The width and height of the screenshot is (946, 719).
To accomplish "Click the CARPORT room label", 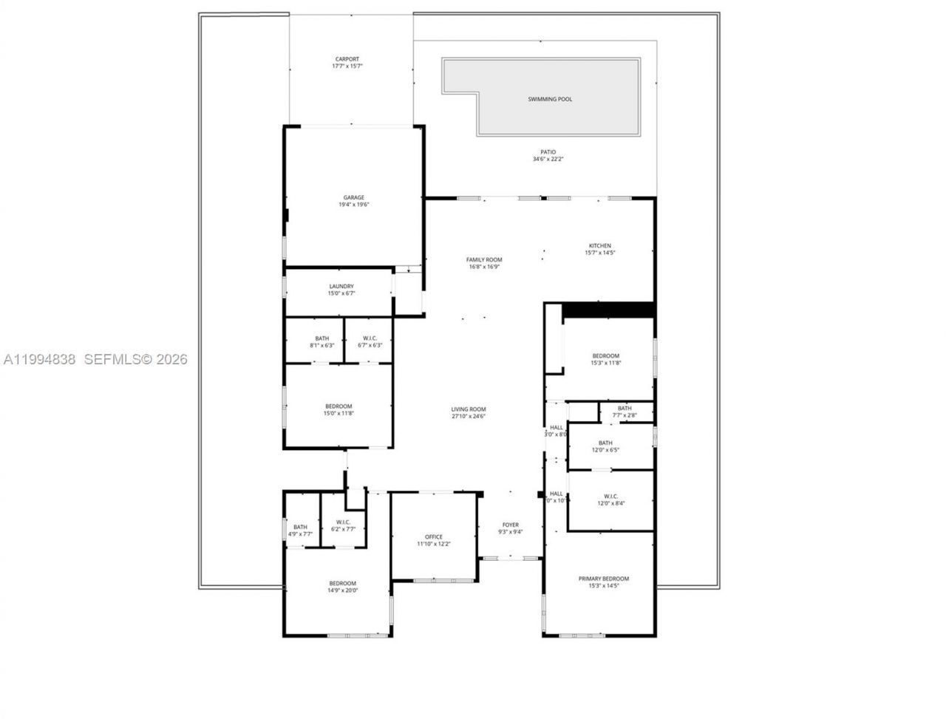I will click(x=347, y=59).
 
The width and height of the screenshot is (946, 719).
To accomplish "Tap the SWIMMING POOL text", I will click(x=550, y=99).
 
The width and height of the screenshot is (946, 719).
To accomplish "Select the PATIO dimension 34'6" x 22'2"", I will click(x=548, y=159).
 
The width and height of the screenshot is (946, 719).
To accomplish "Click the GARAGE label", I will click(x=353, y=198).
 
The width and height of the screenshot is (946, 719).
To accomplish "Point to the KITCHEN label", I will click(x=599, y=246).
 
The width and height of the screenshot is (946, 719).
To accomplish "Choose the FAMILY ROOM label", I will click(x=484, y=260).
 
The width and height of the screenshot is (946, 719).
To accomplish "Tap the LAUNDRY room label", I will click(x=341, y=287).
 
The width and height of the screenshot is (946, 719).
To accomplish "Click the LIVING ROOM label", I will click(x=469, y=409).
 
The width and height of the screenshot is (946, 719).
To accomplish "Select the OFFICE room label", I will click(x=433, y=537).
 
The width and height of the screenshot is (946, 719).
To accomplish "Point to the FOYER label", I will click(x=510, y=525).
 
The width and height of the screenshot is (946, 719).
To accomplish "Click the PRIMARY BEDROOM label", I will click(x=604, y=579).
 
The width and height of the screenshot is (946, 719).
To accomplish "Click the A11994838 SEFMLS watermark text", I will click(x=95, y=360).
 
